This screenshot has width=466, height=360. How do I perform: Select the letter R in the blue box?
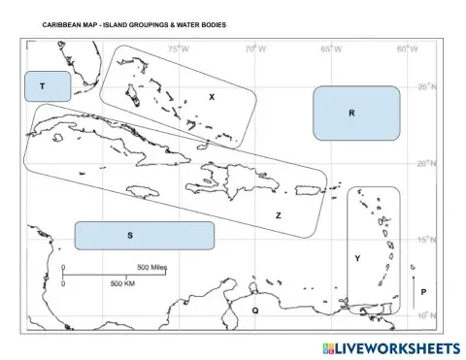click(x=351, y=114)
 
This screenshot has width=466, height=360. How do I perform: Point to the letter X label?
click(x=212, y=97)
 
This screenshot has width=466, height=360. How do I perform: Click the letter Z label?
click(x=278, y=215)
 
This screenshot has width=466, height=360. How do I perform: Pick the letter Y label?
click(x=357, y=258)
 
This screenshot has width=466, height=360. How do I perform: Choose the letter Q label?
click(x=254, y=311)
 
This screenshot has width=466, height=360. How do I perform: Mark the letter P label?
click(x=423, y=291)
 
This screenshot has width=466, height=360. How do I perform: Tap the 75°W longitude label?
click(x=178, y=49)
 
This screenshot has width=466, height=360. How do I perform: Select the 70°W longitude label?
click(x=253, y=49)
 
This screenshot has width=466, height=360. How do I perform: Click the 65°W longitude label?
click(x=331, y=49)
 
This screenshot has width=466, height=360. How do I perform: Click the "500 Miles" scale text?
click(x=152, y=267)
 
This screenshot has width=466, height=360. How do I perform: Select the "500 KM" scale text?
click(x=122, y=283)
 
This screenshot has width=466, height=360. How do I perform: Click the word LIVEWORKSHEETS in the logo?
click(x=397, y=348)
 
